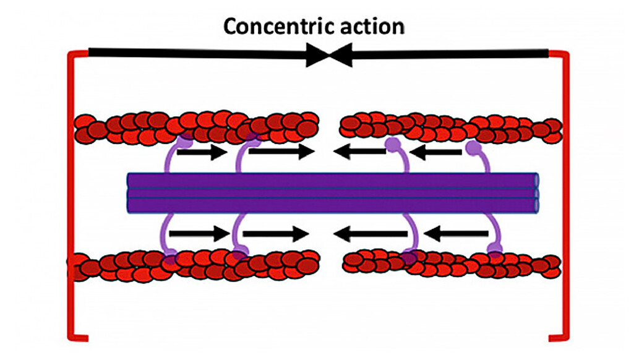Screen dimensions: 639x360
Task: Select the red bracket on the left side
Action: [x=70, y=195]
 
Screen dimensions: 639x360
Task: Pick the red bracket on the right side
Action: [x=565, y=195]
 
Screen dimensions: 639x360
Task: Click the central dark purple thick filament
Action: [x=333, y=193]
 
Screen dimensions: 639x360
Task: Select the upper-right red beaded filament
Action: [x=451, y=127]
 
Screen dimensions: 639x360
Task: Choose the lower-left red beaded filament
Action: [x=193, y=265]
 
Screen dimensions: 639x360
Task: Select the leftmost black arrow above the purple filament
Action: [x=202, y=152]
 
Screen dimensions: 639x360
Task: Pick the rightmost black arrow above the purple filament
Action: [x=435, y=153]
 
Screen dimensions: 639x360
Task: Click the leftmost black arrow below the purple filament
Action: [x=200, y=234]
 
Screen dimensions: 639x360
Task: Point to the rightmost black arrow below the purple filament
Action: [x=456, y=234]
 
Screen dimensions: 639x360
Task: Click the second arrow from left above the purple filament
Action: [x=281, y=152]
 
